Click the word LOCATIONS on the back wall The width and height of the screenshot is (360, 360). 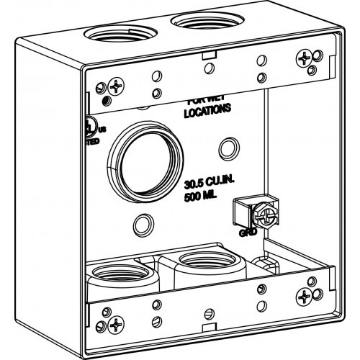pyautogui.click(x=207, y=112)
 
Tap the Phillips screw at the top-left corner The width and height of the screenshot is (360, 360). pyautogui.click(x=114, y=88)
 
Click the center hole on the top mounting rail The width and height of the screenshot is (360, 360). pyautogui.click(x=208, y=68)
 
